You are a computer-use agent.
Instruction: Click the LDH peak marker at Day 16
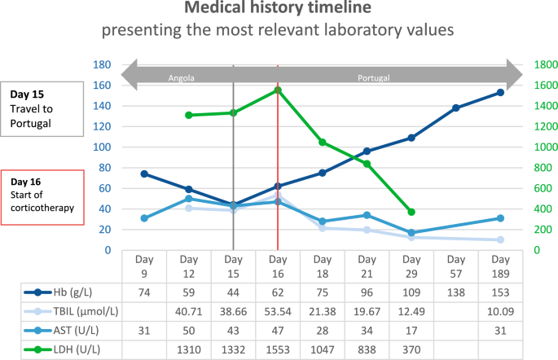278,90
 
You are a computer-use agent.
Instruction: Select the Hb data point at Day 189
500,92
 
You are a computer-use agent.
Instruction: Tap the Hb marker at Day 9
144,173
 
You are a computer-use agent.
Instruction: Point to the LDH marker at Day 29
411,212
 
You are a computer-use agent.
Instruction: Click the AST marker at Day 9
144,218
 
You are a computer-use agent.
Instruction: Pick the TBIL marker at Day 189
500,239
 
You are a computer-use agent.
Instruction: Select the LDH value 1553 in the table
278,349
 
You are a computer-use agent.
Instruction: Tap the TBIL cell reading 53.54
278,310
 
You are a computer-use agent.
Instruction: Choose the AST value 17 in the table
411,330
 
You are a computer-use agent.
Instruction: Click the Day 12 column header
188,265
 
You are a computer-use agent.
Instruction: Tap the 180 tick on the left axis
102,65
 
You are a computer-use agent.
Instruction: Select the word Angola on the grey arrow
181,78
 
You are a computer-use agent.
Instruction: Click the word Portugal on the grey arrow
374,78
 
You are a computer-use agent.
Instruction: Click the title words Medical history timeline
279,11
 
